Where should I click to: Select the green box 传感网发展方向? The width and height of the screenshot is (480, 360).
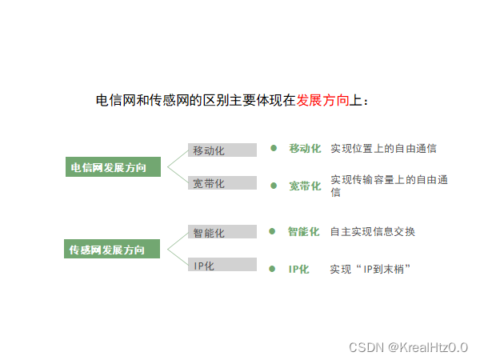(x=112, y=250)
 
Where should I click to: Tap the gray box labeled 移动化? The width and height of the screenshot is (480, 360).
(x=222, y=150)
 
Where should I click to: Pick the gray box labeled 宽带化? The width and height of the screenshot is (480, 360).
(x=222, y=183)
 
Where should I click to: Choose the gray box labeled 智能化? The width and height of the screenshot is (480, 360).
(x=222, y=233)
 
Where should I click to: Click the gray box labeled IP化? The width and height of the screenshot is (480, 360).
(x=222, y=265)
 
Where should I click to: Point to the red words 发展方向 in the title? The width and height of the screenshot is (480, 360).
(x=323, y=101)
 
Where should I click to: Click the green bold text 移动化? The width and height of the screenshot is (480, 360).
(x=305, y=149)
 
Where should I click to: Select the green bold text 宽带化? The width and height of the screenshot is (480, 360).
(x=305, y=186)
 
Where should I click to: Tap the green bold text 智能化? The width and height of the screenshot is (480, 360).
(x=304, y=232)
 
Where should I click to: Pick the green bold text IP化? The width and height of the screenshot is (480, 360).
(x=298, y=270)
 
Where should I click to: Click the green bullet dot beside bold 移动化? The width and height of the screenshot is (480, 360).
(x=273, y=148)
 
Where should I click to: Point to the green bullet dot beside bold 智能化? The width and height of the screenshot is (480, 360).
(x=273, y=231)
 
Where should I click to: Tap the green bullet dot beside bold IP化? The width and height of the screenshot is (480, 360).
(x=273, y=269)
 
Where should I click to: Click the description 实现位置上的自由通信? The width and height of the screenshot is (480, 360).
(x=383, y=149)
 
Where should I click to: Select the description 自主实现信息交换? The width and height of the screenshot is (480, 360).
(x=373, y=232)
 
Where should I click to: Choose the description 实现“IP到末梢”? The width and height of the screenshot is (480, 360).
(x=370, y=270)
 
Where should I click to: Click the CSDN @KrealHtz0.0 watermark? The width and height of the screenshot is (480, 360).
(x=408, y=347)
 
